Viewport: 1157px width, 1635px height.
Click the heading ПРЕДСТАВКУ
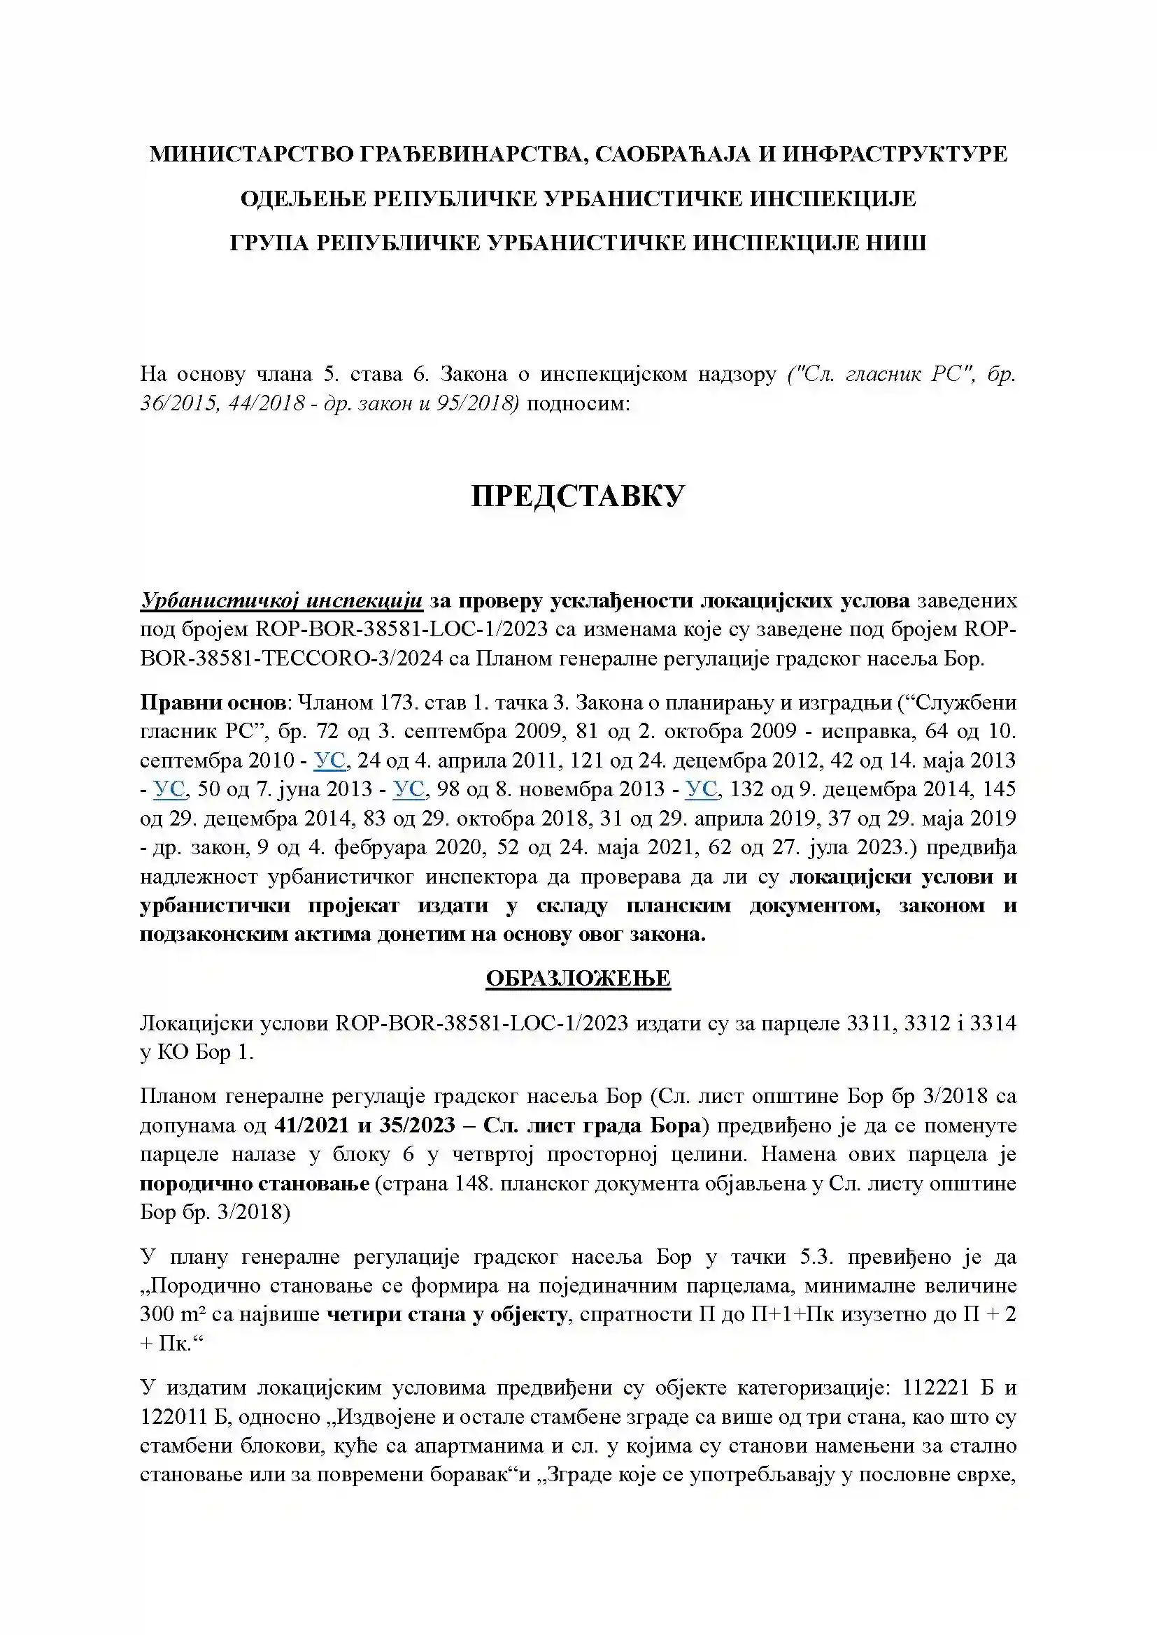pyautogui.click(x=578, y=496)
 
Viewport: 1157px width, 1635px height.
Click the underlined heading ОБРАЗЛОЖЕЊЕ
pyautogui.click(x=578, y=978)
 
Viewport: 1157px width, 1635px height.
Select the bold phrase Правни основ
pyautogui.click(x=213, y=703)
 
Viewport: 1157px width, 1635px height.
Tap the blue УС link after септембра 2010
pyautogui.click(x=329, y=761)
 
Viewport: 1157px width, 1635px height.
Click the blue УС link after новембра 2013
pyautogui.click(x=701, y=789)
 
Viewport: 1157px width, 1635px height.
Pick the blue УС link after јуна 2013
pyautogui.click(x=409, y=789)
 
